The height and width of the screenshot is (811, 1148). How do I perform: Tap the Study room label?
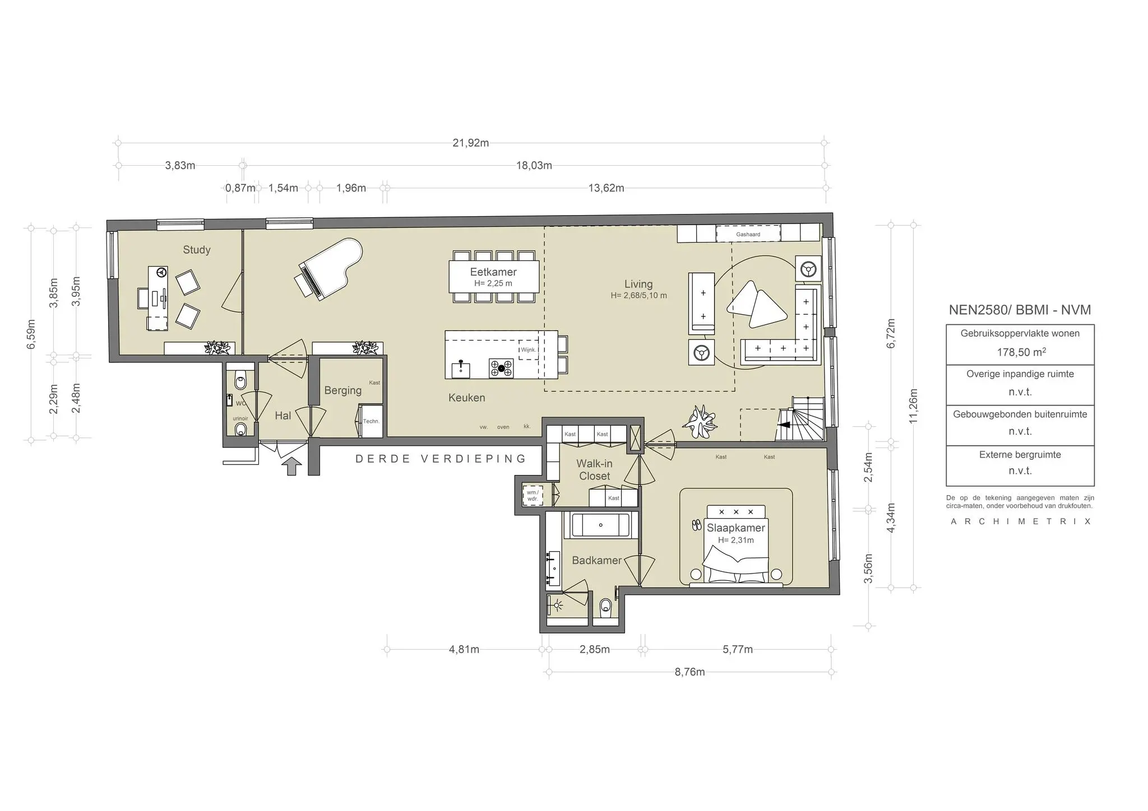tap(197, 250)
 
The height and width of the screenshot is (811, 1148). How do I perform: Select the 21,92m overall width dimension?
tap(470, 143)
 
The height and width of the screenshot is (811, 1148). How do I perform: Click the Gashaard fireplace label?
tap(748, 234)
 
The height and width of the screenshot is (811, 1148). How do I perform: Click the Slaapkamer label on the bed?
tap(735, 528)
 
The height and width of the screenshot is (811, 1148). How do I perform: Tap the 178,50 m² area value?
tap(1020, 352)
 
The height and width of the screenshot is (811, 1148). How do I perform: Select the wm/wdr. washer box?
tap(532, 495)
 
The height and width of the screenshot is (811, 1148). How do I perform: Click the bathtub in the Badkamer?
tap(600, 525)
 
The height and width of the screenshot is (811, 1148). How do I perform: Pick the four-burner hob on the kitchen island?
tap(501, 368)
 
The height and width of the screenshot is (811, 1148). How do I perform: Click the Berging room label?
tap(342, 390)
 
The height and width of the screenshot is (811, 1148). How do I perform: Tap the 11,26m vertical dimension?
tap(913, 406)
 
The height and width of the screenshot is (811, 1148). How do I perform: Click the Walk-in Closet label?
tap(594, 470)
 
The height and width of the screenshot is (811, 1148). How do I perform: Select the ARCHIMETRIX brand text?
tap(1020, 521)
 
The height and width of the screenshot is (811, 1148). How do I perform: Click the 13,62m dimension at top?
tap(605, 188)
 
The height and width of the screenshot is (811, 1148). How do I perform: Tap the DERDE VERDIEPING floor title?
tap(441, 459)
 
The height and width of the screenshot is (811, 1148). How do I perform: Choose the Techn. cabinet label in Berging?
tap(371, 421)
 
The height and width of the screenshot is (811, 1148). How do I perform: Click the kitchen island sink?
tap(461, 369)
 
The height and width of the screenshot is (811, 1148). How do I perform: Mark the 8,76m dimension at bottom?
tap(689, 672)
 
